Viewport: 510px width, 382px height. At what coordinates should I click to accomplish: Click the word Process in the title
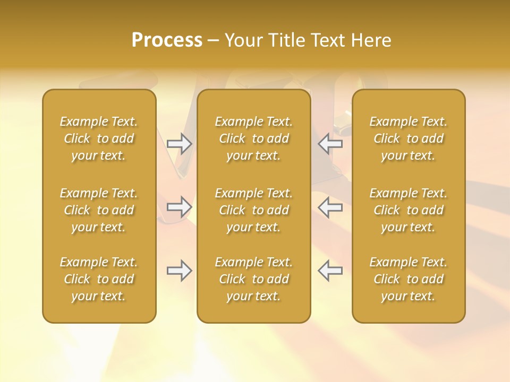[167, 40]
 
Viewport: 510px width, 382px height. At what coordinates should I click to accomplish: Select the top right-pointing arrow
[180, 144]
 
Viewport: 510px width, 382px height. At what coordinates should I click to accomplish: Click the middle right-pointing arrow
[180, 207]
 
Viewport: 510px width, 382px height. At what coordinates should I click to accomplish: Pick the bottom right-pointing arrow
[180, 271]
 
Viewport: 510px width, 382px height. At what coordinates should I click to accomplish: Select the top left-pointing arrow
[330, 144]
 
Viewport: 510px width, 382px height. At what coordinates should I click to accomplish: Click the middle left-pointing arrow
[330, 207]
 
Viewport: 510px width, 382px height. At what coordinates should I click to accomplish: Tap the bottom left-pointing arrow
[330, 271]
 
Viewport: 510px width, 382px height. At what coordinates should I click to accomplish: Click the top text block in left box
[99, 138]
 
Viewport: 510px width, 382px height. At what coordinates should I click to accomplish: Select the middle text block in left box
[99, 210]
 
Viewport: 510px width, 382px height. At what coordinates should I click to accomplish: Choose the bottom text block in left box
[99, 279]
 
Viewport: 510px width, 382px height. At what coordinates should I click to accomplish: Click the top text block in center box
[253, 138]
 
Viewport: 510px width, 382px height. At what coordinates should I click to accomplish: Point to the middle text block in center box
[253, 210]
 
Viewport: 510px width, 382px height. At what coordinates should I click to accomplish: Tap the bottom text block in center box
[253, 279]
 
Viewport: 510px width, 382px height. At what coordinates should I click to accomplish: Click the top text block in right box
[409, 138]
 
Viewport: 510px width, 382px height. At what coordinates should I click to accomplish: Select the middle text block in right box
[409, 210]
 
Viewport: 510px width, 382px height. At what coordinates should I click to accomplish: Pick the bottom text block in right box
[409, 279]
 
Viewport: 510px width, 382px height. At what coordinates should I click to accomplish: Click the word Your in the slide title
[243, 40]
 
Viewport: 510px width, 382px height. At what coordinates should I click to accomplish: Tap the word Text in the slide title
[327, 40]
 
